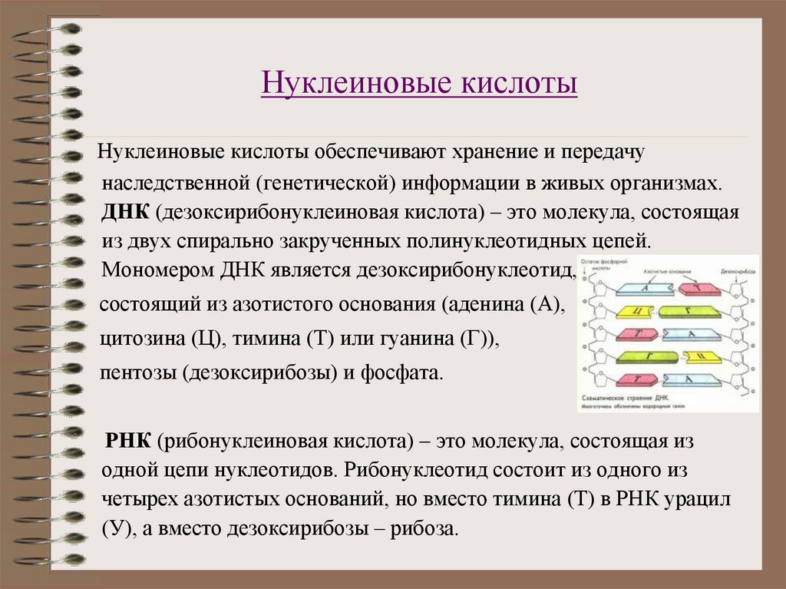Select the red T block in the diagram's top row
698,287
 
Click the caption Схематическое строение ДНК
625,399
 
